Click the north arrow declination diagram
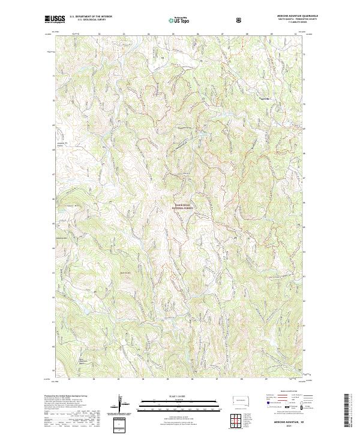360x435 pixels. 124,405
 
